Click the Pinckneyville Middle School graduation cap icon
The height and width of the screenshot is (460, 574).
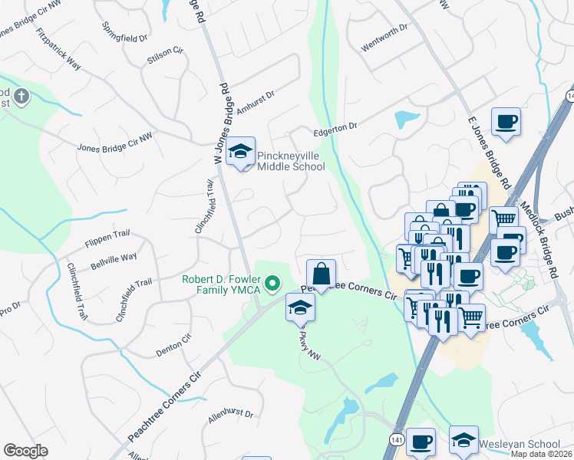(x=241, y=153)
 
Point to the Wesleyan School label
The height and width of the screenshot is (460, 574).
(x=520, y=444)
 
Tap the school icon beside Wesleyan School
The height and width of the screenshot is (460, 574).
(x=463, y=441)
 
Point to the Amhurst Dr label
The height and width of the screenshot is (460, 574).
(x=256, y=103)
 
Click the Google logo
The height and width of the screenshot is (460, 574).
(x=25, y=451)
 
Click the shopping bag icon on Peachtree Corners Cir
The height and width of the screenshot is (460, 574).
(x=320, y=274)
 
